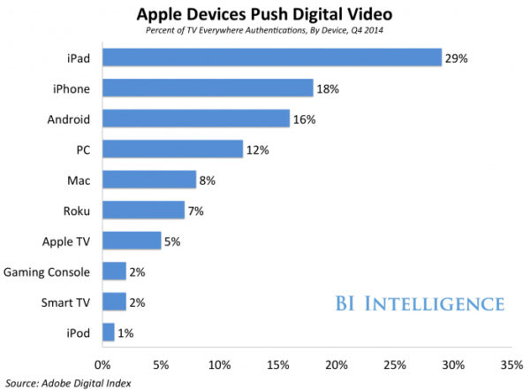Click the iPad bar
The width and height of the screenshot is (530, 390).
(x=272, y=57)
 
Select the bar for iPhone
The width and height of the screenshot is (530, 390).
(x=208, y=88)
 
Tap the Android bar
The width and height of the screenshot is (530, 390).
(x=196, y=119)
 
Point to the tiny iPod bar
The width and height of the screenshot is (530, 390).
(x=109, y=333)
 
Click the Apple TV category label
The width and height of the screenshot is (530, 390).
(x=65, y=241)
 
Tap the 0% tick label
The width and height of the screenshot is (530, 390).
(x=102, y=363)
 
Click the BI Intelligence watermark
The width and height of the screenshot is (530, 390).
(x=420, y=304)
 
